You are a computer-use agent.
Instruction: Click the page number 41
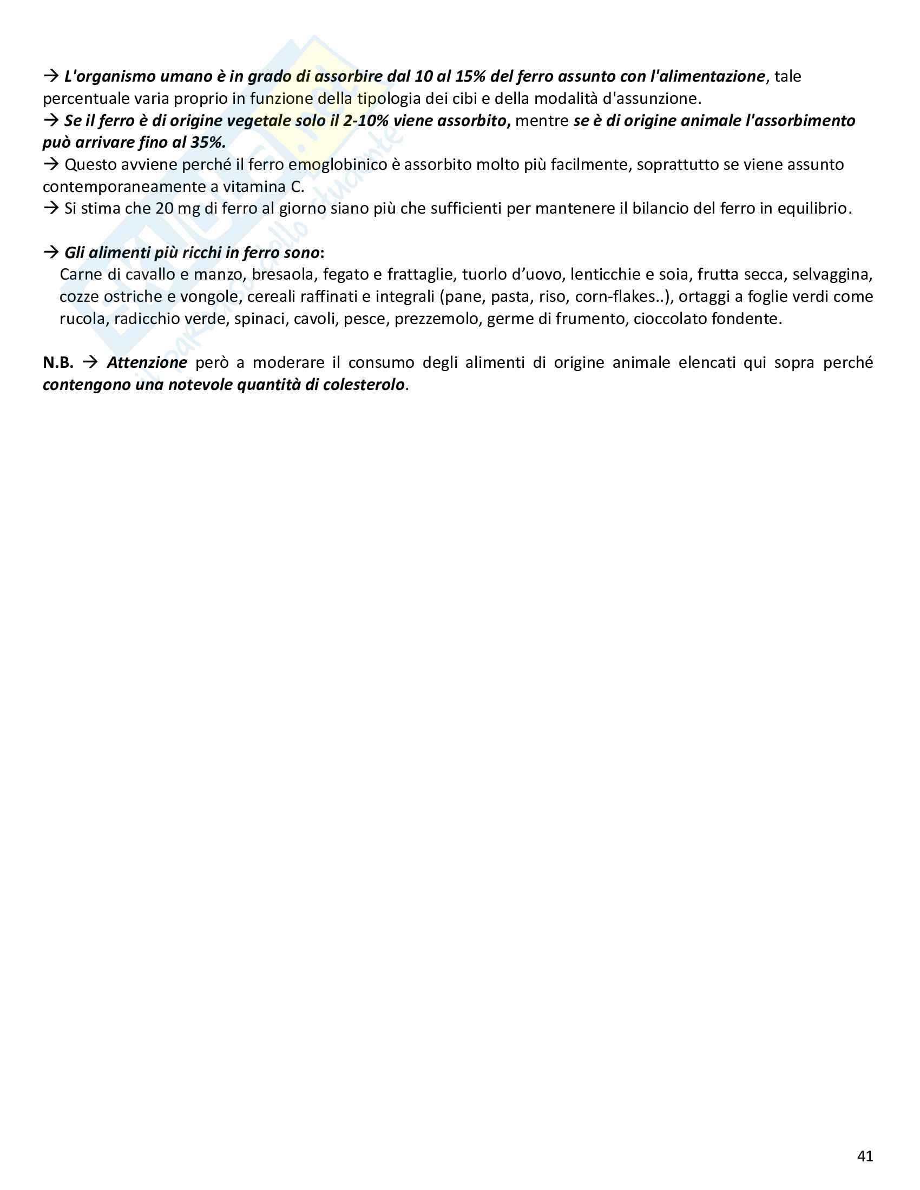(865, 1156)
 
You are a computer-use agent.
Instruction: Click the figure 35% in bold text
(207, 142)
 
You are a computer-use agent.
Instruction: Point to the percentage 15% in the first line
(470, 76)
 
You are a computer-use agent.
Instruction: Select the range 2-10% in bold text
(366, 121)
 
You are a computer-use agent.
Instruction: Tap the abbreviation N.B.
(58, 362)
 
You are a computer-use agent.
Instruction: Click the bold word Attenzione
(147, 362)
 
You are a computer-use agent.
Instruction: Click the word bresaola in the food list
(283, 274)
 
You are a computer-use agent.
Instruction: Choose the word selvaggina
(832, 274)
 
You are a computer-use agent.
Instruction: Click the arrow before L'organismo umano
(51, 76)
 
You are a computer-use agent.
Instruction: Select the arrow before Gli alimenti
(51, 252)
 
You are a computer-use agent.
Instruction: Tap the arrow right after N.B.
(90, 362)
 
